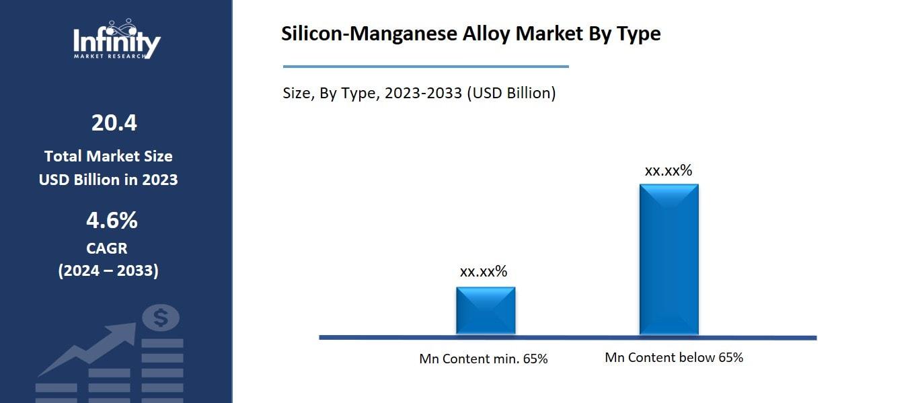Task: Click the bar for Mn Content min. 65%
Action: pos(486,310)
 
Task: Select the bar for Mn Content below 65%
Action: pos(669,259)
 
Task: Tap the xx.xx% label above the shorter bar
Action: pos(483,272)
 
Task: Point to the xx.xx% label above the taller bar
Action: pos(668,170)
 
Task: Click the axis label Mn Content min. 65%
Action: pos(483,359)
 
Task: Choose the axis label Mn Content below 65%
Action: pos(674,357)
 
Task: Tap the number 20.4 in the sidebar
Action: pos(114,123)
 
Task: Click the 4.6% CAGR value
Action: pos(112,220)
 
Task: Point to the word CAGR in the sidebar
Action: pos(107,248)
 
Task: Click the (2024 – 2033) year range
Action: pos(108,270)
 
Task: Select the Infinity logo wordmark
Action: pos(116,42)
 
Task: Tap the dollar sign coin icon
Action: pos(161,318)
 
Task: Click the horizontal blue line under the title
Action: pos(426,67)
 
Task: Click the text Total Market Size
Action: pos(108,156)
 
